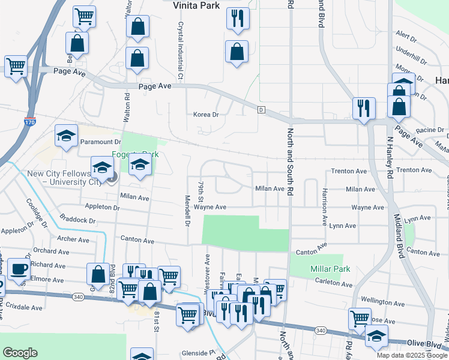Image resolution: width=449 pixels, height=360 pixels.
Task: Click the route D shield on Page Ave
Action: click(x=261, y=109)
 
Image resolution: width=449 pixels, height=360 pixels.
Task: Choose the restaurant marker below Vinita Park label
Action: click(x=238, y=18)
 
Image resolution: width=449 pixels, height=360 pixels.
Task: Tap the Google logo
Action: click(x=20, y=353)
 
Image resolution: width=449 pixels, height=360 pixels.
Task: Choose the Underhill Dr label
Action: click(x=411, y=57)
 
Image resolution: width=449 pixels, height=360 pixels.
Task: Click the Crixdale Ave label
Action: click(x=25, y=307)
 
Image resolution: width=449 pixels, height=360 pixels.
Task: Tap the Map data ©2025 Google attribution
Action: click(x=411, y=355)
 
